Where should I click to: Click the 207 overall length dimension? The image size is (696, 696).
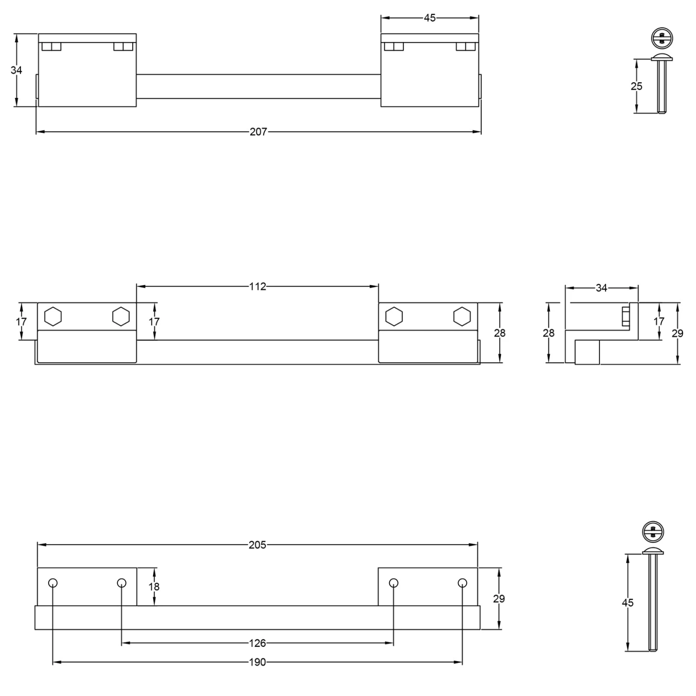pyautogui.click(x=258, y=132)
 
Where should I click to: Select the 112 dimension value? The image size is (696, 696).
pyautogui.click(x=258, y=287)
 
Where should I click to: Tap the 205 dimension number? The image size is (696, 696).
pyautogui.click(x=257, y=545)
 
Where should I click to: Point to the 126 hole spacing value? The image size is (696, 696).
pyautogui.click(x=257, y=643)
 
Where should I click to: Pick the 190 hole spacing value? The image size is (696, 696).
pyautogui.click(x=257, y=662)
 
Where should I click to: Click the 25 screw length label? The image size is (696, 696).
pyautogui.click(x=637, y=86)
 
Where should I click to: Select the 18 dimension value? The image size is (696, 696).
pyautogui.click(x=154, y=587)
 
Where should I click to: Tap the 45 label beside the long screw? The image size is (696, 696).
pyautogui.click(x=627, y=603)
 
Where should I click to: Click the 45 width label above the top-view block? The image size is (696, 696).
pyautogui.click(x=430, y=18)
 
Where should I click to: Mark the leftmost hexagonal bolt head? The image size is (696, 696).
pyautogui.click(x=53, y=316)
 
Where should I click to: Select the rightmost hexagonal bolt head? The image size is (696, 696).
pyautogui.click(x=462, y=316)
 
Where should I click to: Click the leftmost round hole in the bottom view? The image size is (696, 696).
pyautogui.click(x=53, y=583)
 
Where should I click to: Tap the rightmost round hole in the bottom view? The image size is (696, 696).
pyautogui.click(x=462, y=583)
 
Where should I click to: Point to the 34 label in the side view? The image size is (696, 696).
pyautogui.click(x=601, y=288)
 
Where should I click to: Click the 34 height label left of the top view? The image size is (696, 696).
pyautogui.click(x=16, y=71)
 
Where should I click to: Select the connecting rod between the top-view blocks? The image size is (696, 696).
pyautogui.click(x=258, y=86)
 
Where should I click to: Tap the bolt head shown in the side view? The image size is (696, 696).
pyautogui.click(x=625, y=316)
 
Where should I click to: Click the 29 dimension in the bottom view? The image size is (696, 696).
pyautogui.click(x=499, y=599)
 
